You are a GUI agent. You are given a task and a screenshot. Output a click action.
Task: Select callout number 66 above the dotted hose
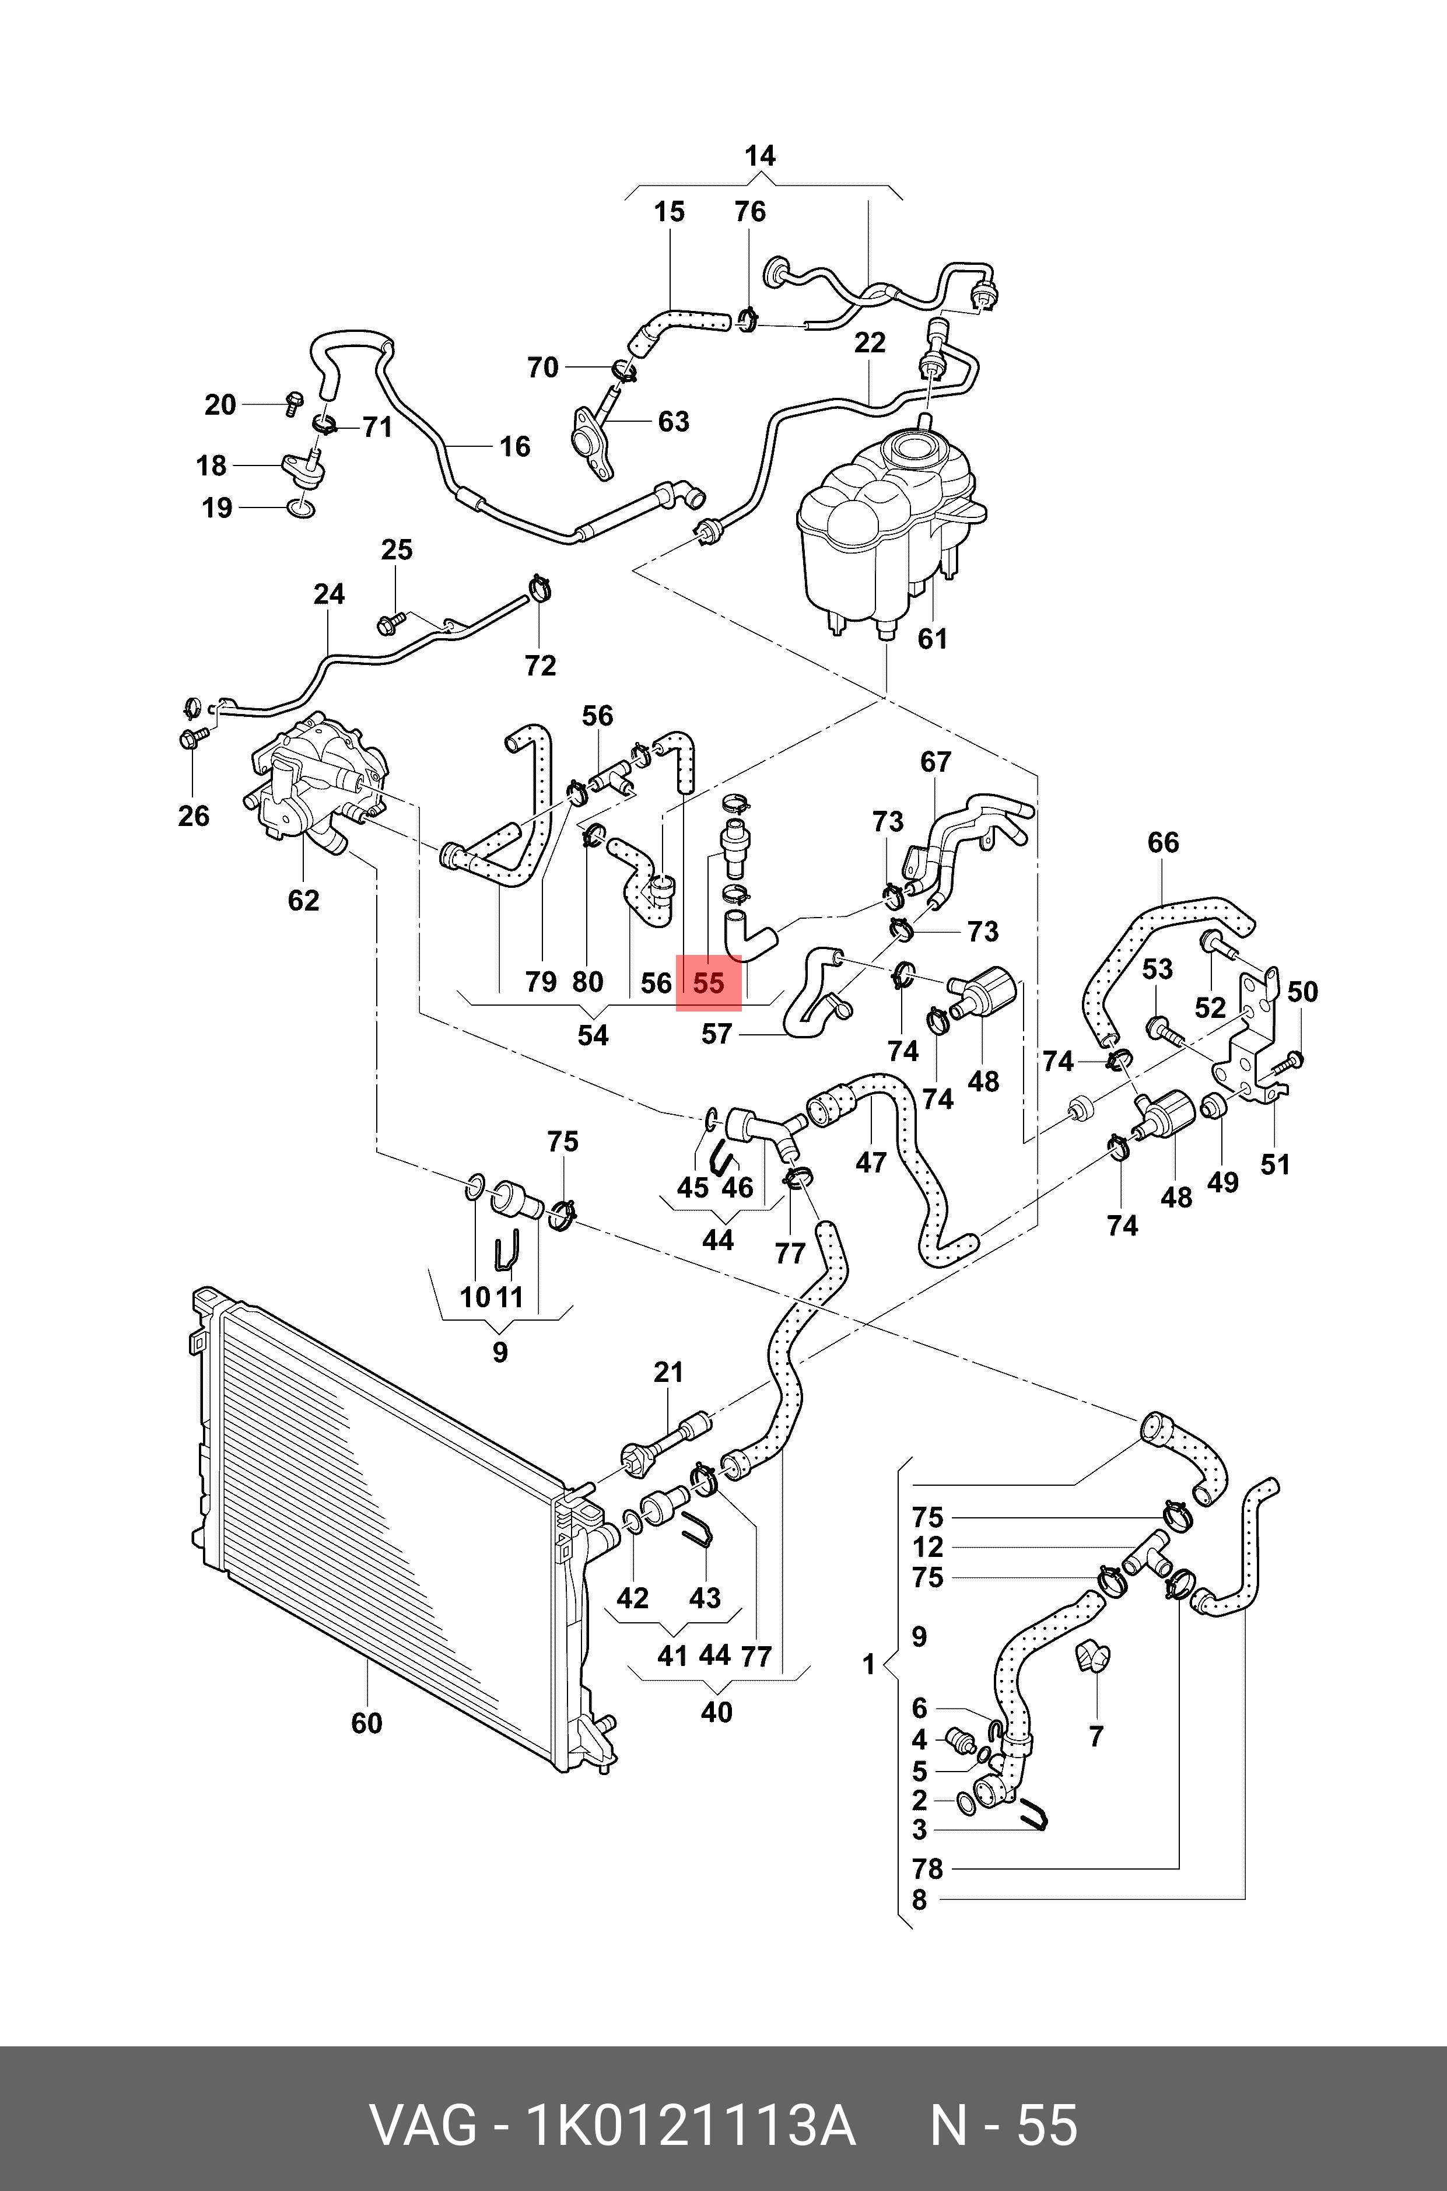click(1163, 842)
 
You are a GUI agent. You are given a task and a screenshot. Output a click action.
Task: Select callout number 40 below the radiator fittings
click(716, 1713)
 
